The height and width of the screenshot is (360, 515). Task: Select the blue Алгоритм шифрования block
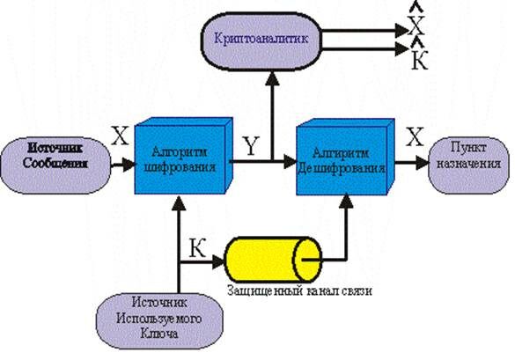point(180,159)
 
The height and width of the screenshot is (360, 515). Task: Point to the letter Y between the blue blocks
point(253,149)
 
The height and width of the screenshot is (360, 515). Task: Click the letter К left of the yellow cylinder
point(199,249)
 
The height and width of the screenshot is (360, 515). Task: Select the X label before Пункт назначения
point(415,136)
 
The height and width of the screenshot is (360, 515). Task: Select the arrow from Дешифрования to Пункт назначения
point(415,162)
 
